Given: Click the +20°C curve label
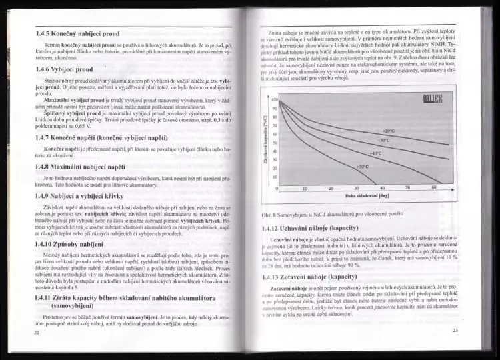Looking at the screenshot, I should pos(408,131).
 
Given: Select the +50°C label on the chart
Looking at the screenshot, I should pos(363,166).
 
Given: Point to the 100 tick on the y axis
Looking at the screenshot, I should pos(274,99).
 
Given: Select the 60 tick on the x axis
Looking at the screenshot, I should pos(434,189).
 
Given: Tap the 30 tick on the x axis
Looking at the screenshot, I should pos(356,189).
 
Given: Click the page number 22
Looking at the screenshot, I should pos(37,331).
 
